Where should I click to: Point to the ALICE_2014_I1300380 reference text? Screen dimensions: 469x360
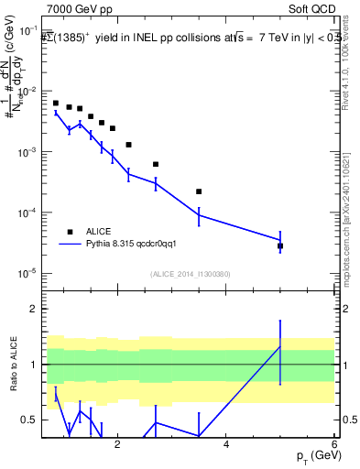(190, 274)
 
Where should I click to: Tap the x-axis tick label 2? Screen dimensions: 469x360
(116, 446)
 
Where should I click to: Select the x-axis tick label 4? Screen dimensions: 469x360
(225, 446)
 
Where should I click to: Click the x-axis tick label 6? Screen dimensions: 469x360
(334, 446)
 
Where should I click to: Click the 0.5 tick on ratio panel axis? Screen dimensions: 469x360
(30, 420)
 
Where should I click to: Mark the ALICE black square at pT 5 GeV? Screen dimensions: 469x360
(280, 246)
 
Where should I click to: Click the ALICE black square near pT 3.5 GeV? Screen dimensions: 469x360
(199, 191)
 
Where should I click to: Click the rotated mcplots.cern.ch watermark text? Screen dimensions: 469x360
(351, 211)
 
